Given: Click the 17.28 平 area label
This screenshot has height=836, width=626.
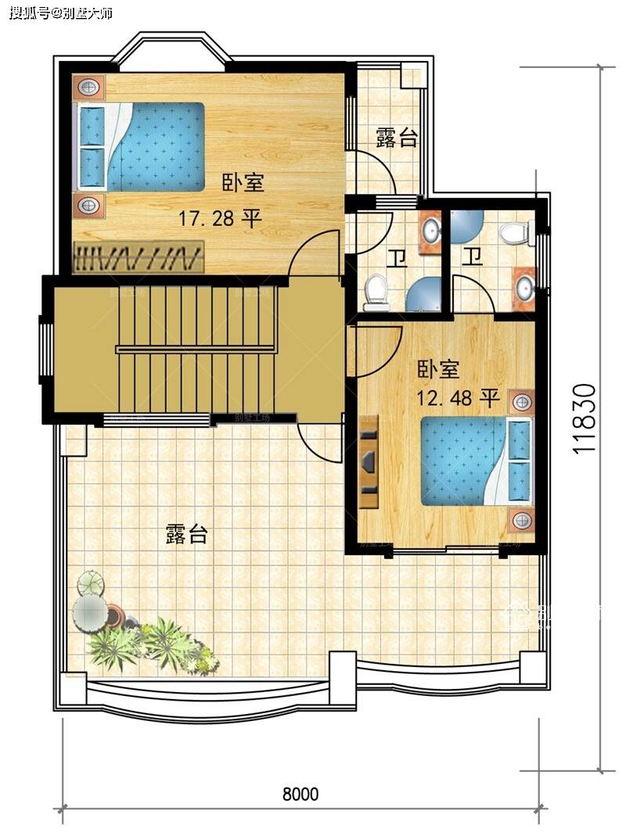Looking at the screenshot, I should pos(220,218).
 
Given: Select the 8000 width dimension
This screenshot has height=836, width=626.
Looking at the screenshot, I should pos(300,795).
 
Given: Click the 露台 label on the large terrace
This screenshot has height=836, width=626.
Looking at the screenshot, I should pos(187,535).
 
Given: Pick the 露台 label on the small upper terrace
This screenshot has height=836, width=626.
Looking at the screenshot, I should pos(397,139).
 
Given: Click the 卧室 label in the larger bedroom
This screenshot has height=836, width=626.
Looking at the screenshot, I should pos(243,184).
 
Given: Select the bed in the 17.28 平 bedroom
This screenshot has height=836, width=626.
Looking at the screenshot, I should pos(141,146).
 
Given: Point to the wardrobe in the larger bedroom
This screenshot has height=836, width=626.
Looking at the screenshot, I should pos(139,257).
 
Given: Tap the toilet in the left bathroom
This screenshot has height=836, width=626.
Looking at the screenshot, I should pos(376,290).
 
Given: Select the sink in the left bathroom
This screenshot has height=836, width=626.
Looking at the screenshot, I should pos(430,231).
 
